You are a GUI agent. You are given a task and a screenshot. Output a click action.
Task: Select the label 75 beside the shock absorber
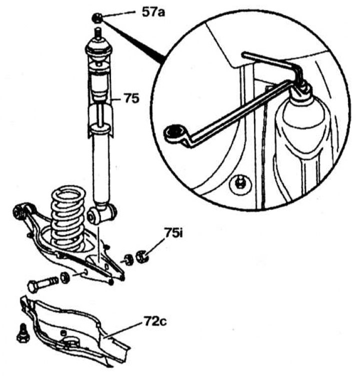click(131, 99)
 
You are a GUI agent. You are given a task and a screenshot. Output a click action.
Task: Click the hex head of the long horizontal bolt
click(33, 287)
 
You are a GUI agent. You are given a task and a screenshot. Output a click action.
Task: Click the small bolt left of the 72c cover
click(22, 334)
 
